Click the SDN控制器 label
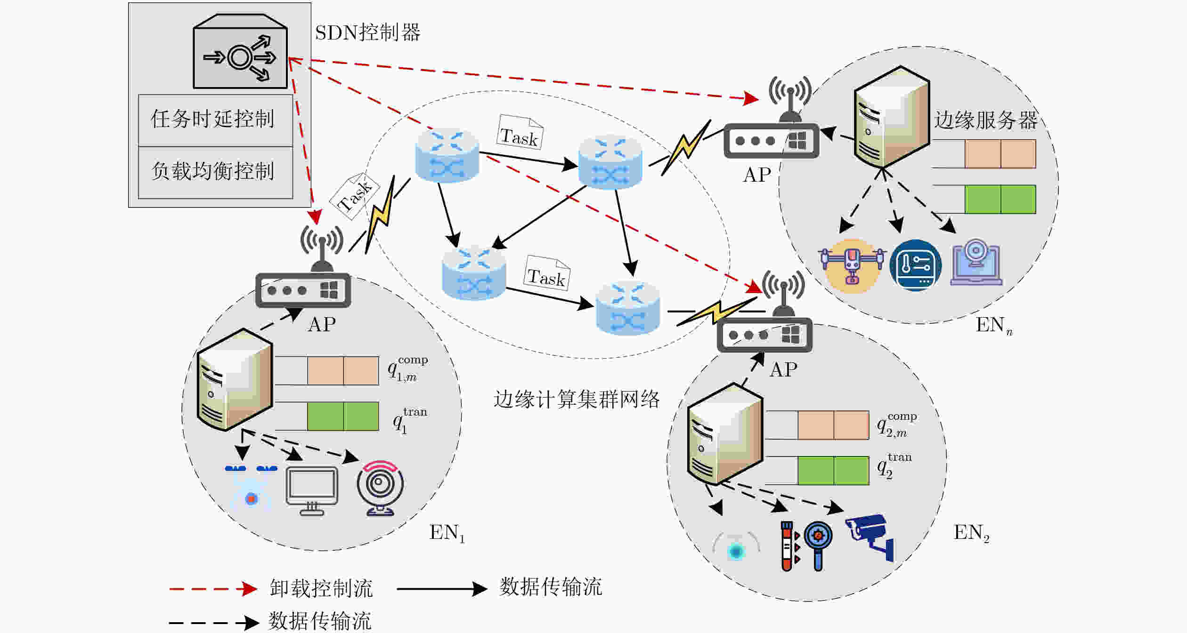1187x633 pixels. pos(367,32)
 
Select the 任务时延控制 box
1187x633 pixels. pos(215,120)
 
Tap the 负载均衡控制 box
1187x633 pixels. pos(215,172)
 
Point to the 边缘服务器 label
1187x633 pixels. pos(985,120)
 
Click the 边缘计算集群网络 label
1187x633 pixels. pos(576,399)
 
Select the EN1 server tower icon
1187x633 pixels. pos(235,379)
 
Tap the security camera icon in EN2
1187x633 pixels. pos(870,537)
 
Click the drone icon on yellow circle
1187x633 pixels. pos(852,265)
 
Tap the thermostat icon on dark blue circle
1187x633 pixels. pos(915,265)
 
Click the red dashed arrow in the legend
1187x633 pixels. pos(213,589)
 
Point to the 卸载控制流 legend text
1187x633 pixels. pos(321,588)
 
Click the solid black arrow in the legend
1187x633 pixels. pos(442,589)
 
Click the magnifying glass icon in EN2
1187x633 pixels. pos(818,545)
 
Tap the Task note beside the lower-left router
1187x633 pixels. pos(546,273)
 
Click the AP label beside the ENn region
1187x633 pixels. pos(757,175)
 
